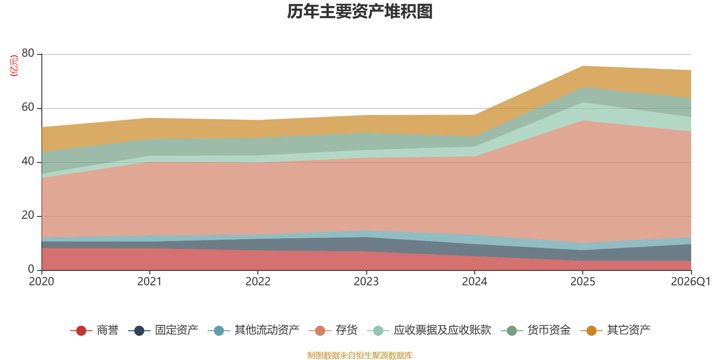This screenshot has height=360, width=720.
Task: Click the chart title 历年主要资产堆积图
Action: point(360,12)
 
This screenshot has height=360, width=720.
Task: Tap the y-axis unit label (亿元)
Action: point(14,66)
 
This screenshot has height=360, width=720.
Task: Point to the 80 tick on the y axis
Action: point(28,53)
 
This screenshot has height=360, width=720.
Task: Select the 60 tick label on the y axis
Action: point(28,107)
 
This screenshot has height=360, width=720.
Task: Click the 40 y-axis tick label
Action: point(28,161)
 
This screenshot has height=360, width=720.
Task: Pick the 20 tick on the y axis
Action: point(28,215)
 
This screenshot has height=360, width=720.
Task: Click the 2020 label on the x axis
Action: point(41,282)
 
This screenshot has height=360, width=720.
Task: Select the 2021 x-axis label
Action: point(149,282)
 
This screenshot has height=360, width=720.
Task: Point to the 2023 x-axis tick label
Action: point(366,282)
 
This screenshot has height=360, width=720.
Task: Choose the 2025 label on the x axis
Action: point(583,282)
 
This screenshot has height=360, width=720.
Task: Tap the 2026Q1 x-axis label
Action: point(691,282)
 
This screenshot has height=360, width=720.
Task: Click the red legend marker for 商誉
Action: point(81,330)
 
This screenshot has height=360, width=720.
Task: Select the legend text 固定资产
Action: point(176,330)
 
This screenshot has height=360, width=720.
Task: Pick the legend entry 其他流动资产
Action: point(254,330)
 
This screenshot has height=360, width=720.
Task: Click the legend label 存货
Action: point(346,330)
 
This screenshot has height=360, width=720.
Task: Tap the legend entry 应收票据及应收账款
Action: point(429,330)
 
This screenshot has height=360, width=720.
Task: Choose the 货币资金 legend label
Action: point(549,330)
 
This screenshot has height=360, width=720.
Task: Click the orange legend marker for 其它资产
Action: point(591,330)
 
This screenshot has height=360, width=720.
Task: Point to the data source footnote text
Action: point(360,355)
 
